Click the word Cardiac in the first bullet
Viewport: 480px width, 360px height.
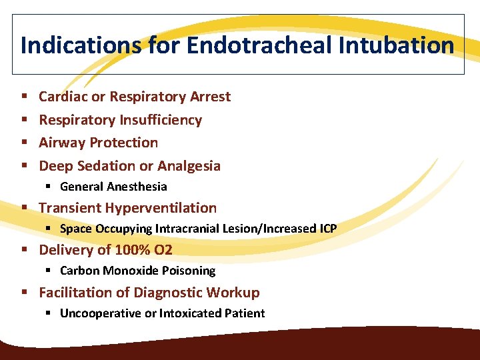click(x=63, y=97)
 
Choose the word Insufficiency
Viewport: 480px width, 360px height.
click(x=161, y=120)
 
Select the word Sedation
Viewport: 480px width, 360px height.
click(x=105, y=166)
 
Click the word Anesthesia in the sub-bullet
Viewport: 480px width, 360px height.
click(x=137, y=187)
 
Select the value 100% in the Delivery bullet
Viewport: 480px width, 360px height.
click(x=133, y=250)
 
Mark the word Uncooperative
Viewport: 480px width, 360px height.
click(x=101, y=313)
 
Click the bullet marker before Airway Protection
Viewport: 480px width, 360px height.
click(x=24, y=143)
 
